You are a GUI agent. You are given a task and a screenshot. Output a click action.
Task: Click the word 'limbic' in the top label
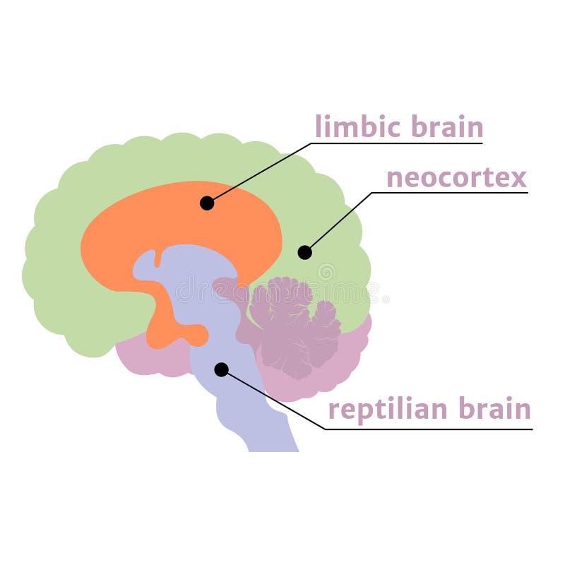pos(351,127)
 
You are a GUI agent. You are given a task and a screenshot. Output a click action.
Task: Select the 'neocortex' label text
pos(456,177)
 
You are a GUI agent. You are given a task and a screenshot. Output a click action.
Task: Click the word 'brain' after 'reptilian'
pos(494,409)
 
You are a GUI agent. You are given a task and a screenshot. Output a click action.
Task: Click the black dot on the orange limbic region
pos(207,203)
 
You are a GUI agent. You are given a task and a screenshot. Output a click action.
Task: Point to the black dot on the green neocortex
pos(304,252)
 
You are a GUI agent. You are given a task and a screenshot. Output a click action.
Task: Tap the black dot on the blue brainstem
pos(221,369)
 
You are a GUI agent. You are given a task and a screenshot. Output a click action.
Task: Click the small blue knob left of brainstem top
pos(144,265)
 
